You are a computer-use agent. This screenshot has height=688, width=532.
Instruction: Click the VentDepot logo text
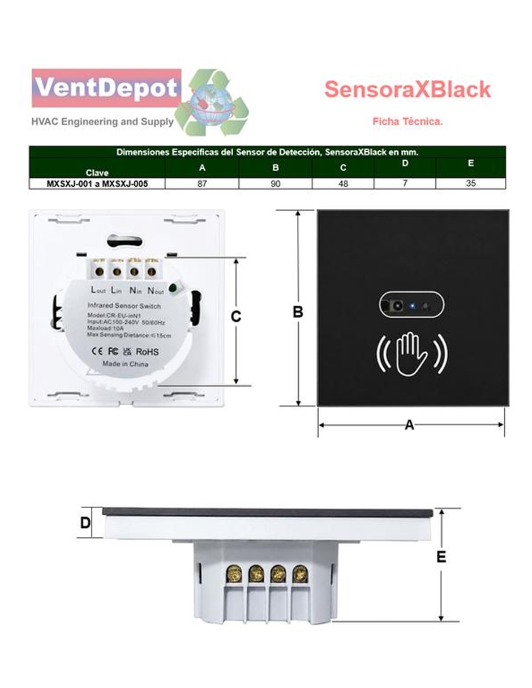coord(106,88)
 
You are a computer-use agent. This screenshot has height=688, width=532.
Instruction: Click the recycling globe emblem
coord(212,102)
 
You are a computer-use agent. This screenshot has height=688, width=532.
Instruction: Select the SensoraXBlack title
coord(407,89)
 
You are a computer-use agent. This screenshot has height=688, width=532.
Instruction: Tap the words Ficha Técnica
coord(407,121)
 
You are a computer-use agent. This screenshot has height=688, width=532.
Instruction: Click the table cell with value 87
coord(202,183)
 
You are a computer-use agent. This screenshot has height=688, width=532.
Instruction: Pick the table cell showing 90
coord(275,183)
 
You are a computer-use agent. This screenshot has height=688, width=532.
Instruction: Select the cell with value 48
coord(343,183)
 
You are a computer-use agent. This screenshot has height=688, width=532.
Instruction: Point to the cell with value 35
coord(470,183)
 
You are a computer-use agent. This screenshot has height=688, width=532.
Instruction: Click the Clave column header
coord(97,173)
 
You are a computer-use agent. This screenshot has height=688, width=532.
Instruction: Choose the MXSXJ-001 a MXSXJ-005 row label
coord(97,183)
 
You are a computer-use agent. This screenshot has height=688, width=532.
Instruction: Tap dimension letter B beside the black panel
coord(298,312)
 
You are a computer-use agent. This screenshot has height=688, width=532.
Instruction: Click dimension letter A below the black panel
coord(409,425)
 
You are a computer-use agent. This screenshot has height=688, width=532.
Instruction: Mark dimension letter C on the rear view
coord(236,317)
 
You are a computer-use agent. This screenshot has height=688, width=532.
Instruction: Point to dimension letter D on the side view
coord(85,523)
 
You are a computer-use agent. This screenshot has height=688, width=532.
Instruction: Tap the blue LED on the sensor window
coord(412,306)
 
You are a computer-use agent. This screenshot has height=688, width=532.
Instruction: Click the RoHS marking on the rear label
coord(147,352)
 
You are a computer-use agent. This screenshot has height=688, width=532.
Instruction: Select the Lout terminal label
coord(98,290)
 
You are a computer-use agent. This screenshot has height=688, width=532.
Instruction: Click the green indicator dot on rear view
coord(173,288)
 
